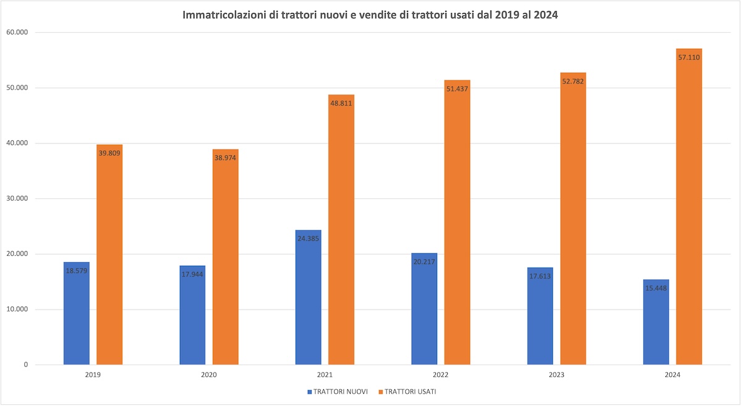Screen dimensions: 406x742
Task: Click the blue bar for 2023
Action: click(x=540, y=321)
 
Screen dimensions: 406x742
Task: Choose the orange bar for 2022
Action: click(x=457, y=229)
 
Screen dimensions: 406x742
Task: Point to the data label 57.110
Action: click(x=689, y=57)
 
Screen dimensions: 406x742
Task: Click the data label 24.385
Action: click(x=308, y=238)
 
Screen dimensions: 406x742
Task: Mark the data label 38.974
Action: click(x=225, y=158)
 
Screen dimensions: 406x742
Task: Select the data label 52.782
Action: click(x=573, y=81)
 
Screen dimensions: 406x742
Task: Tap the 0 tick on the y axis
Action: click(x=26, y=365)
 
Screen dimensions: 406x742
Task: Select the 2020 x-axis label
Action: click(x=209, y=375)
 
